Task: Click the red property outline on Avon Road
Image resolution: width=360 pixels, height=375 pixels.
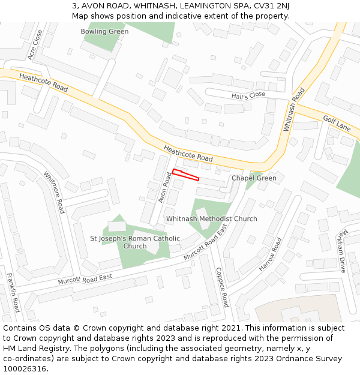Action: point(185,175)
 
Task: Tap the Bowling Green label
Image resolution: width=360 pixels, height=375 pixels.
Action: point(104,31)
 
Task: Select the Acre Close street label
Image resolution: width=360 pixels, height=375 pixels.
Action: point(35,45)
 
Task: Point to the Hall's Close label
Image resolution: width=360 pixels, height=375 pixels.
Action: point(248,95)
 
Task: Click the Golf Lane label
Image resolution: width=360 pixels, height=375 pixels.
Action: point(336,124)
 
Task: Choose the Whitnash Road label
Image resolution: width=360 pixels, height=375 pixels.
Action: point(294,110)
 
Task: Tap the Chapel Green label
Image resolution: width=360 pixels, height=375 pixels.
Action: point(254,178)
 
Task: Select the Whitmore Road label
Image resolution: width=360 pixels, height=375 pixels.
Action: point(53,193)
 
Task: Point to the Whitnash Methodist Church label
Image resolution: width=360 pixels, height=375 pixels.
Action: point(211,219)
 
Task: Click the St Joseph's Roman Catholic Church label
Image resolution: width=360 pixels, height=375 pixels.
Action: point(134,242)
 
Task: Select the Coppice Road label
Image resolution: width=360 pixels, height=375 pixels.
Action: point(221,287)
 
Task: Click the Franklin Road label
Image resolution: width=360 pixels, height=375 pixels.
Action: point(14,292)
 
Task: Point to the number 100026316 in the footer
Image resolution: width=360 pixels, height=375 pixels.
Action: point(24,369)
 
